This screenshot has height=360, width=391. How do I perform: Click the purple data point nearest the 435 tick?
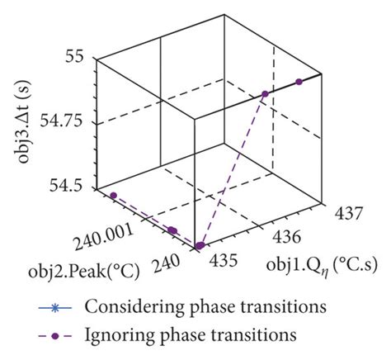click(200, 245)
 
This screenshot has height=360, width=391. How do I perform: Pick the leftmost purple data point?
click(114, 195)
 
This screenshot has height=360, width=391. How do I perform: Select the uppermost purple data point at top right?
click(299, 82)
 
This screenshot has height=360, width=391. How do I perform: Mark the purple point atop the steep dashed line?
click(266, 95)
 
